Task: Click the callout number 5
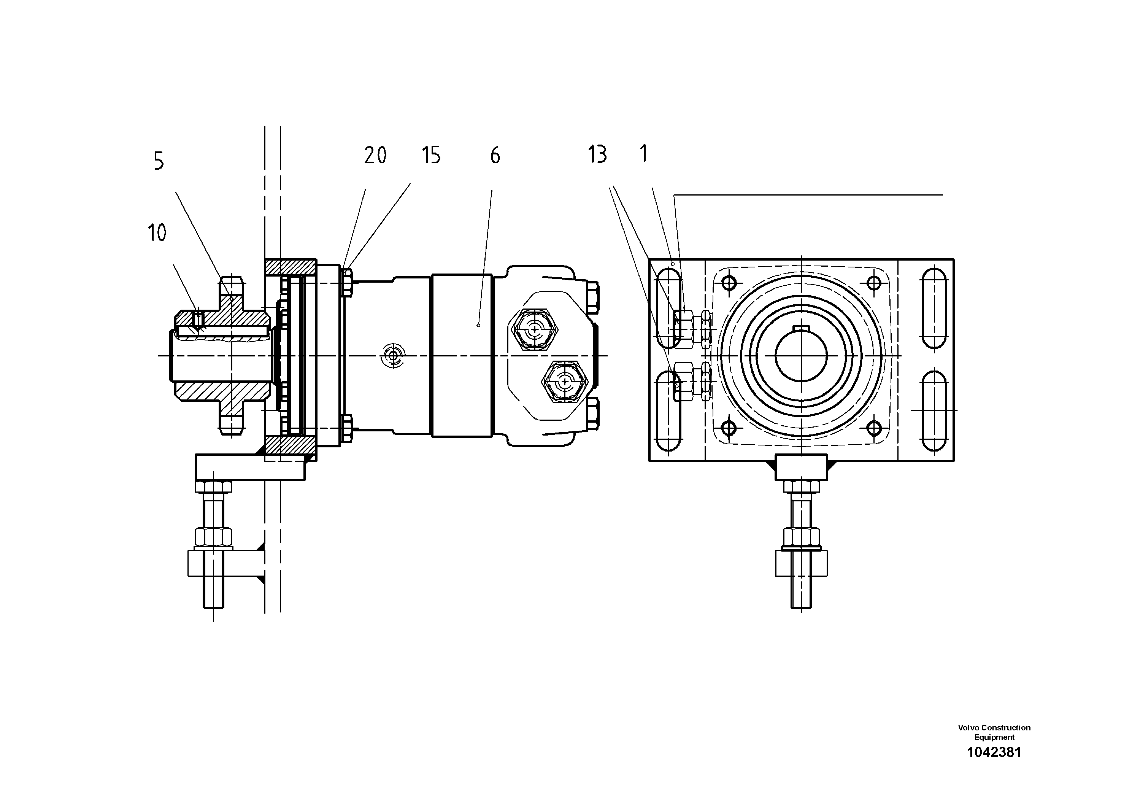[158, 161]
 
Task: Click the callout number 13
[597, 154]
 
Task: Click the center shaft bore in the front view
[801, 355]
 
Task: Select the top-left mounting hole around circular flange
[729, 283]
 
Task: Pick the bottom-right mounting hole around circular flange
[874, 427]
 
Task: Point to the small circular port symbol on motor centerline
[392, 355]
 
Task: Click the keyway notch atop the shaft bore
[801, 329]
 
